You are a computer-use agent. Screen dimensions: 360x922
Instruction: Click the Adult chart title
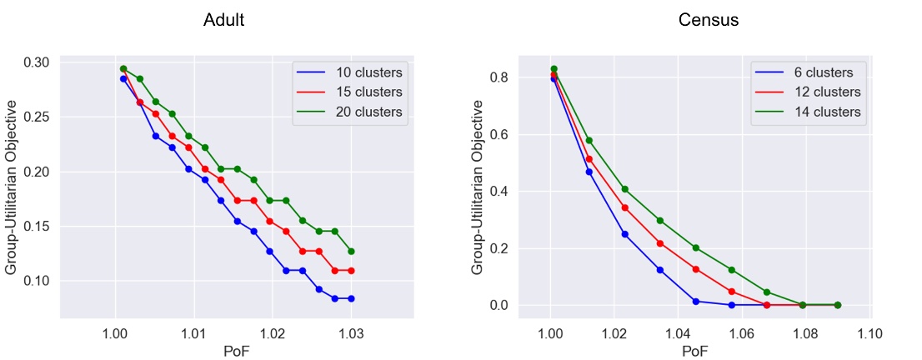[223, 21]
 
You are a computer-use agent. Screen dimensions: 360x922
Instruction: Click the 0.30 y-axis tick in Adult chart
[36, 62]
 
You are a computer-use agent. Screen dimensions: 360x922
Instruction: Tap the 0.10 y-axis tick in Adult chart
[36, 281]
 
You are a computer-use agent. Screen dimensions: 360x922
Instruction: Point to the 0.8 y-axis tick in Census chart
[499, 77]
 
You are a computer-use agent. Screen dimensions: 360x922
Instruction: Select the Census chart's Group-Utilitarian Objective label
[478, 187]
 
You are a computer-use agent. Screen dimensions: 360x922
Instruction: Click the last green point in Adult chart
[351, 251]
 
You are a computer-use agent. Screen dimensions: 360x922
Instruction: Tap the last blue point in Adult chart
[351, 298]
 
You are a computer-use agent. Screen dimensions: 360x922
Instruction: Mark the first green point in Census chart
[550, 69]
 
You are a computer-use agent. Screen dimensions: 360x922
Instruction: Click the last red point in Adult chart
[351, 271]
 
